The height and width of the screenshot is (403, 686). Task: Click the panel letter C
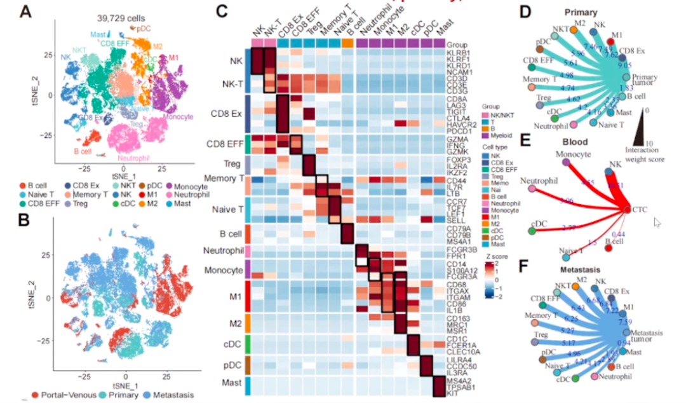[x=222, y=11]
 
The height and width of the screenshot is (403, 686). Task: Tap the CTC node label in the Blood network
[x=640, y=208]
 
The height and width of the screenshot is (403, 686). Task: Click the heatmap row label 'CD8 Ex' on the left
[x=227, y=113]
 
